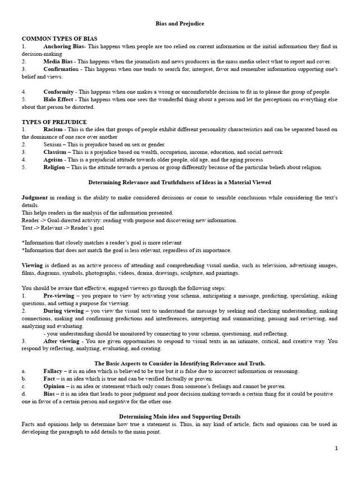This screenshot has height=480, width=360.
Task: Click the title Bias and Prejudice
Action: pos(180,23)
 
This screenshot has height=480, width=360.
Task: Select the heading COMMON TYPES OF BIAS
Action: pos(59,38)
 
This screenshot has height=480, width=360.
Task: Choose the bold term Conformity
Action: pos(59,92)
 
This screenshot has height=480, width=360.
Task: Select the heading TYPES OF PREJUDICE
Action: pos(54,122)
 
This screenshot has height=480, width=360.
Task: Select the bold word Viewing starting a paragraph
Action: pos(32,265)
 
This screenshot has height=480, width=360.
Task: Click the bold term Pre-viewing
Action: pos(59,296)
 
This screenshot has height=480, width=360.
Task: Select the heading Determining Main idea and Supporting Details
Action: pos(180,416)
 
